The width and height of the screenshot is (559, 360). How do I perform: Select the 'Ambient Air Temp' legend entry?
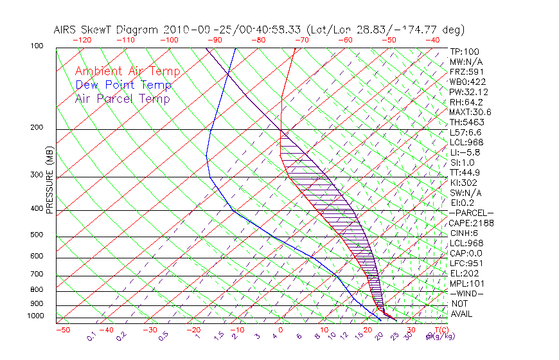pos(127,71)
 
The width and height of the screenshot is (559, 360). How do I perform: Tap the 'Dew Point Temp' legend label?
pos(123,85)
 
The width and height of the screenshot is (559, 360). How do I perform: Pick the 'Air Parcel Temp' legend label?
pos(122,98)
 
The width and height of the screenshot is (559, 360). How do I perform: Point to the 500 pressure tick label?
pos(37,235)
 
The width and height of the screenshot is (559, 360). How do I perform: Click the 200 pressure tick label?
pos(37,127)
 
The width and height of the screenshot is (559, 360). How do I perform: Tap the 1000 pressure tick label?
pos(35,316)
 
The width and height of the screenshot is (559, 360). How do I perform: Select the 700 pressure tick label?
pos(37,275)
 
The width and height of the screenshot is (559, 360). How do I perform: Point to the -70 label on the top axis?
pos(301,40)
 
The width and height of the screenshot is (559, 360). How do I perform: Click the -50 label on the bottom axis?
pos(62,330)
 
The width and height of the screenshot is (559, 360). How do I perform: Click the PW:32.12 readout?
pos(466,92)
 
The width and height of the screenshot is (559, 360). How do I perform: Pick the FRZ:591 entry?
pos(465,72)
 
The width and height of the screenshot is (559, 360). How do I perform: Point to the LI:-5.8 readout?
pos(465,152)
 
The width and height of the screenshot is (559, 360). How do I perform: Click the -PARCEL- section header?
pos(471,213)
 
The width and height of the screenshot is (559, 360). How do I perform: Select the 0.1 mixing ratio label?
pos(91,336)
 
